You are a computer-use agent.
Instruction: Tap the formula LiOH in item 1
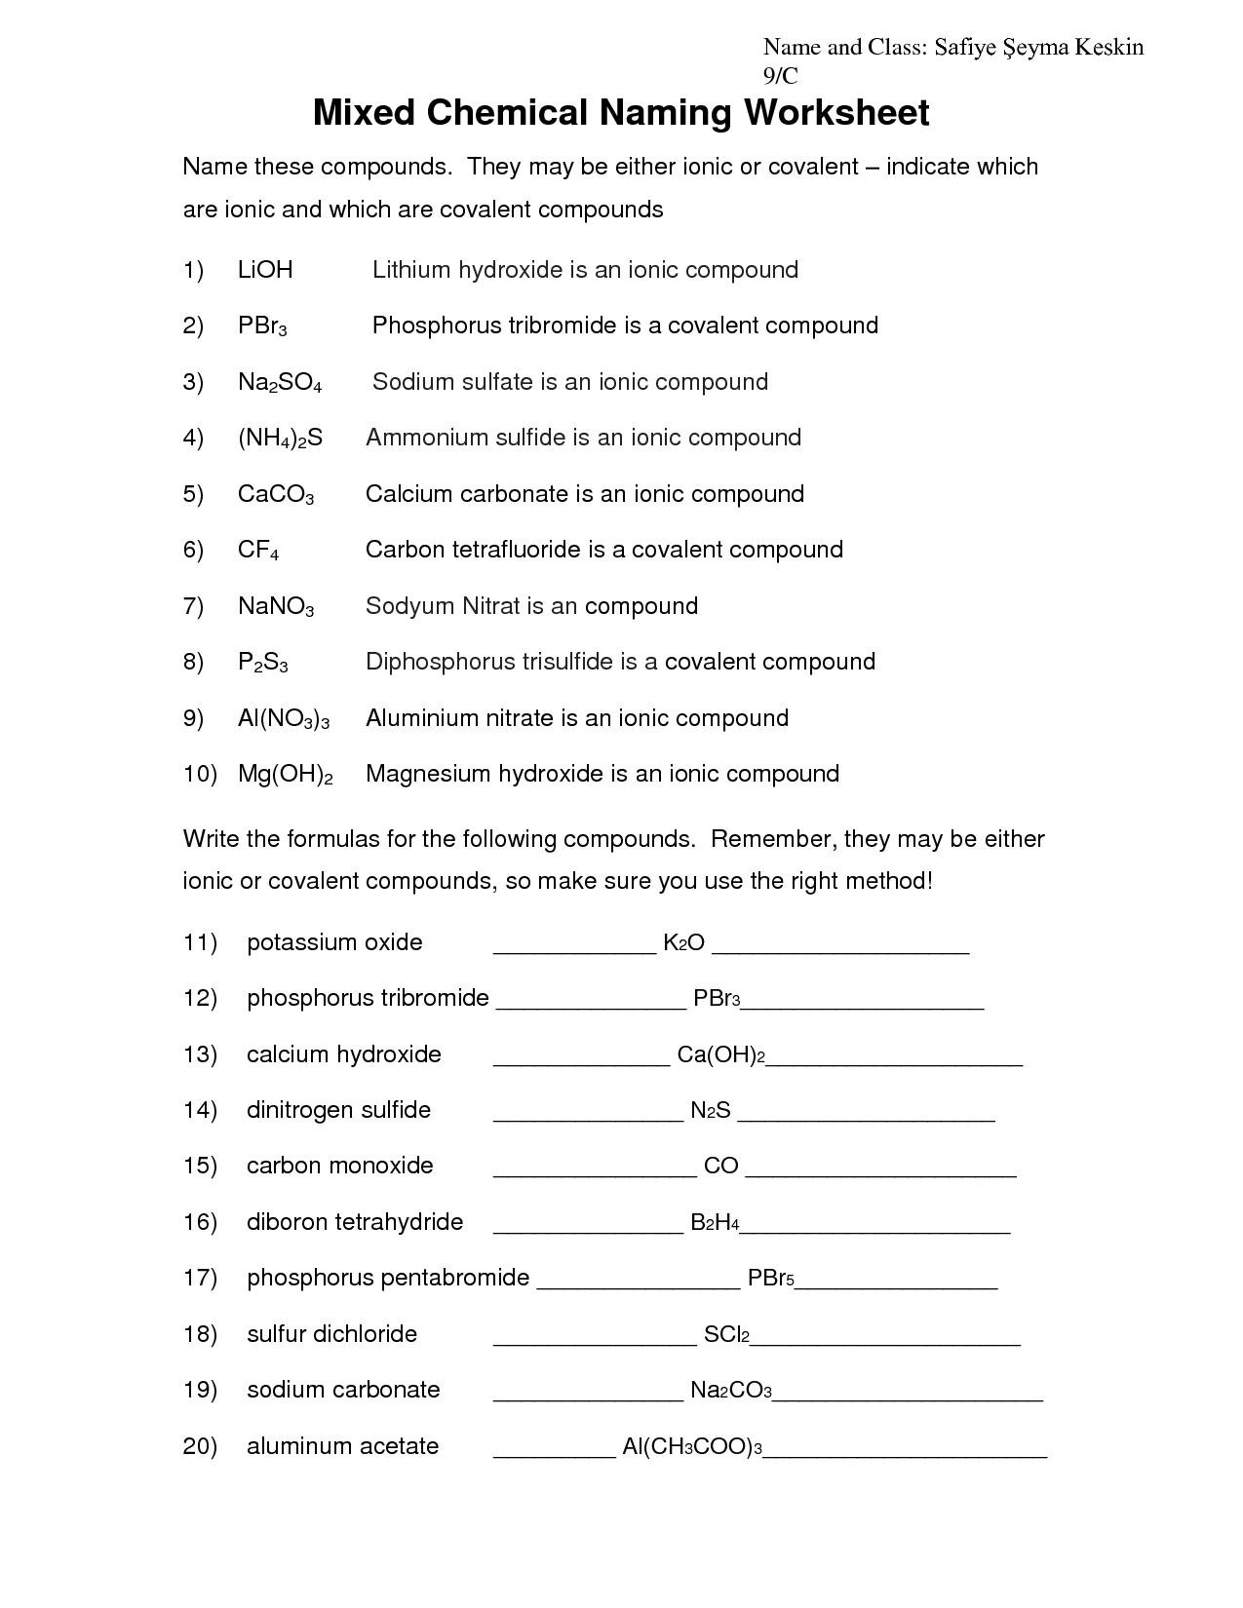tap(265, 270)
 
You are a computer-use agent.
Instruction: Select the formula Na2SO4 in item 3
tap(279, 383)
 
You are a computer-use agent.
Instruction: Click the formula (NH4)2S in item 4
tap(280, 439)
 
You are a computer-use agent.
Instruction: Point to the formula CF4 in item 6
tap(258, 551)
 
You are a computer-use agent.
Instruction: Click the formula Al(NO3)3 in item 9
tap(284, 719)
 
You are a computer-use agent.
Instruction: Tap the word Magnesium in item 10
tap(428, 774)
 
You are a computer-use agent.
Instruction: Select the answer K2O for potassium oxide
tap(683, 942)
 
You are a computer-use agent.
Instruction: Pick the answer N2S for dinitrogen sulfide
tap(711, 1110)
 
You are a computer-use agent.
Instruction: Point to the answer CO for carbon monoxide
tap(720, 1166)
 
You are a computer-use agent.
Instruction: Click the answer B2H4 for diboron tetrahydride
tap(715, 1222)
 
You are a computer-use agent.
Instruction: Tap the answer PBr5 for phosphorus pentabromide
tap(771, 1278)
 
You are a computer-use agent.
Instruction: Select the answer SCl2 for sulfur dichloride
tap(725, 1334)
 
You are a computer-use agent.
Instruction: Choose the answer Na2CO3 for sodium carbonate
tap(730, 1390)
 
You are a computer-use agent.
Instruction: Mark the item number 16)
tap(200, 1222)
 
